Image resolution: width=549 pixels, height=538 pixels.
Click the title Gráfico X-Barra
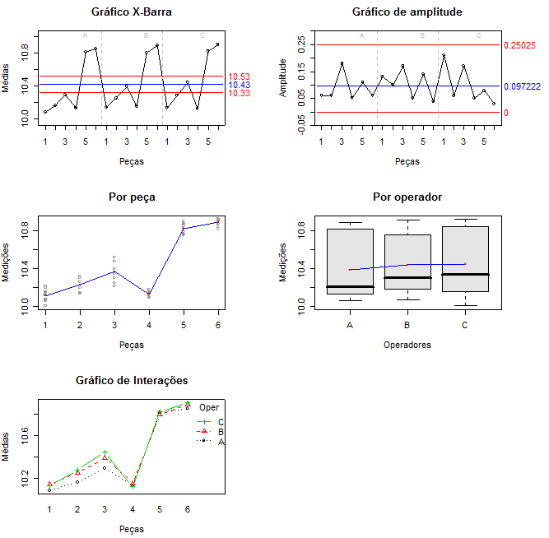(x=132, y=12)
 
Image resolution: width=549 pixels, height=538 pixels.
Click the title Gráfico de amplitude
(x=407, y=12)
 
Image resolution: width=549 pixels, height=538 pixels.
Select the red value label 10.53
(x=240, y=77)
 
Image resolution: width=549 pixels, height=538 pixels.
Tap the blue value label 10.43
(x=240, y=85)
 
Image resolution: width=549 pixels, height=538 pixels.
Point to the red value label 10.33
(x=240, y=93)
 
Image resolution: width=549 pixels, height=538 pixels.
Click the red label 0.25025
(x=519, y=46)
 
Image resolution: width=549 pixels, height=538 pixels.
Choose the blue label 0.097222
(x=522, y=86)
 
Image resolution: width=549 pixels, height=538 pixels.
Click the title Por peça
(x=132, y=197)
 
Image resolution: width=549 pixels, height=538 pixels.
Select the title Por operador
(x=407, y=197)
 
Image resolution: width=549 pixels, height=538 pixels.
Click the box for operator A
(x=350, y=262)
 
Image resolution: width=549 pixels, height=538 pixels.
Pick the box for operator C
(x=465, y=259)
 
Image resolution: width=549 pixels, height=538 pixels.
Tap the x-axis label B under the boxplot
(x=407, y=325)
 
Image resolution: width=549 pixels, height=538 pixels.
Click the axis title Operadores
(x=407, y=346)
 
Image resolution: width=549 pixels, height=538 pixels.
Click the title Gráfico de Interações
(x=132, y=381)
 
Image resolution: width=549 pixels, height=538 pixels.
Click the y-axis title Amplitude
(x=283, y=78)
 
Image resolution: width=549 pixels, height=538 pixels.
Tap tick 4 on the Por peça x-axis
(x=149, y=325)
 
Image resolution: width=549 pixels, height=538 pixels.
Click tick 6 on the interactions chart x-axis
(x=188, y=509)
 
